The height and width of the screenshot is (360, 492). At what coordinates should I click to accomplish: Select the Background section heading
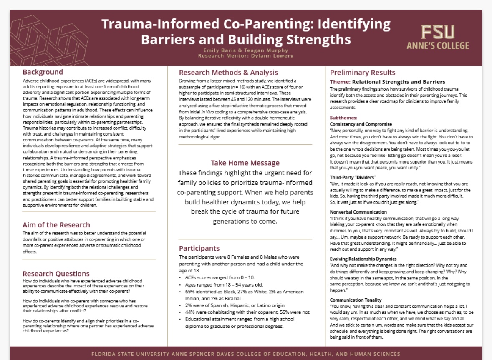click(43, 72)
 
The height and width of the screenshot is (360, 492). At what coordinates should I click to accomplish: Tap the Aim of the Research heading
click(56, 225)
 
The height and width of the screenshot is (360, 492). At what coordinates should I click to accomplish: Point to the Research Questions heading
click(56, 274)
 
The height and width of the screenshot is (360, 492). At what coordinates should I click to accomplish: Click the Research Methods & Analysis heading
click(228, 73)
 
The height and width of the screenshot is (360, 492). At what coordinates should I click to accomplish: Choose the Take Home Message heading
click(245, 163)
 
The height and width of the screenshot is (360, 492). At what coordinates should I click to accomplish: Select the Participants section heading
click(199, 249)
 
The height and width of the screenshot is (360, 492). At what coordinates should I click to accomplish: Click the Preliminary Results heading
click(363, 73)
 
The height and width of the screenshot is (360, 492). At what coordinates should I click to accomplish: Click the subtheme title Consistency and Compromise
click(361, 124)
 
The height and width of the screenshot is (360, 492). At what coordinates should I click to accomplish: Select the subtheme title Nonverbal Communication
click(358, 212)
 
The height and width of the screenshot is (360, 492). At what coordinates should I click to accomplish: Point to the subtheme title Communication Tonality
click(356, 300)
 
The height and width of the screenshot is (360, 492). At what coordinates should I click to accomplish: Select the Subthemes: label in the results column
click(343, 118)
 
